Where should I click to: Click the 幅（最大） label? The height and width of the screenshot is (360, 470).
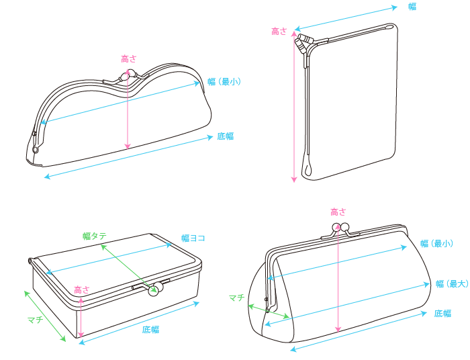452,283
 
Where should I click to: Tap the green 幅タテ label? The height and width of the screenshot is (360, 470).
95,236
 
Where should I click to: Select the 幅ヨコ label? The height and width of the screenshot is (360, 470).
193,238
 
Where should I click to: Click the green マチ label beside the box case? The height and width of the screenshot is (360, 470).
36,320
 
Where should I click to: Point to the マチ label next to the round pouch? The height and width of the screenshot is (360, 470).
237,298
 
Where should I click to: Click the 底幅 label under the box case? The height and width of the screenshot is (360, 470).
150,330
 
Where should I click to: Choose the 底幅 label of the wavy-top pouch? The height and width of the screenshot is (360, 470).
226,136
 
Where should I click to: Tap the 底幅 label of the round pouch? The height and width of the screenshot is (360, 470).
442,314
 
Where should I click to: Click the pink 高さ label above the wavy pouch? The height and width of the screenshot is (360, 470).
129,58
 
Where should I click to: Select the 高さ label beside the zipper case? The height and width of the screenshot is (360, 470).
279,31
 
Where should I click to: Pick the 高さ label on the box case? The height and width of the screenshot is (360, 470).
82,290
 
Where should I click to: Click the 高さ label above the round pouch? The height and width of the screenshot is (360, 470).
338,212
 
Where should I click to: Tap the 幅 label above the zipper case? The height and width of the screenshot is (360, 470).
412,7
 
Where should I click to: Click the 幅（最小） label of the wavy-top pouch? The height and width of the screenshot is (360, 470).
224,81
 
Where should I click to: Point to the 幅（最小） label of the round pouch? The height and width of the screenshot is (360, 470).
436,243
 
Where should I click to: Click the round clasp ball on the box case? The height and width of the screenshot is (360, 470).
154,291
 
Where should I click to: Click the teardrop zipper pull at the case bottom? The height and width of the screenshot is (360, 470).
308,169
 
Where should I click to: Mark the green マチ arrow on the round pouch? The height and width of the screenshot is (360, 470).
269,311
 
